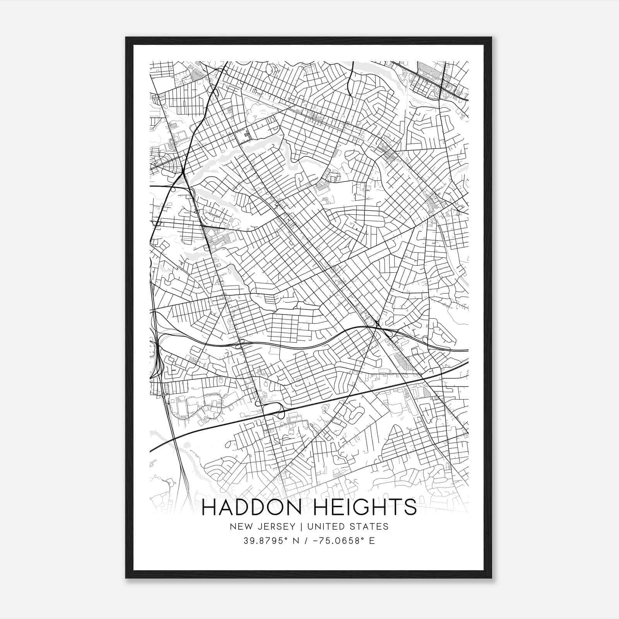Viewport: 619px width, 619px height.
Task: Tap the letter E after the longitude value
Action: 372,541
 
